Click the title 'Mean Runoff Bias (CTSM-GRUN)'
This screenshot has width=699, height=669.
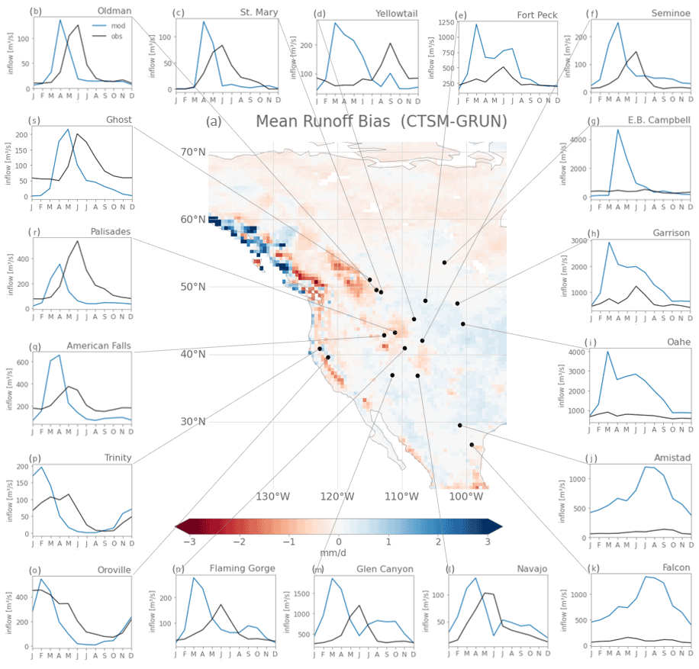[x=381, y=121]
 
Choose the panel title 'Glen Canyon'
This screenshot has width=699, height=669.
[x=385, y=569]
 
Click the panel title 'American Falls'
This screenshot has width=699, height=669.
[x=98, y=346]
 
